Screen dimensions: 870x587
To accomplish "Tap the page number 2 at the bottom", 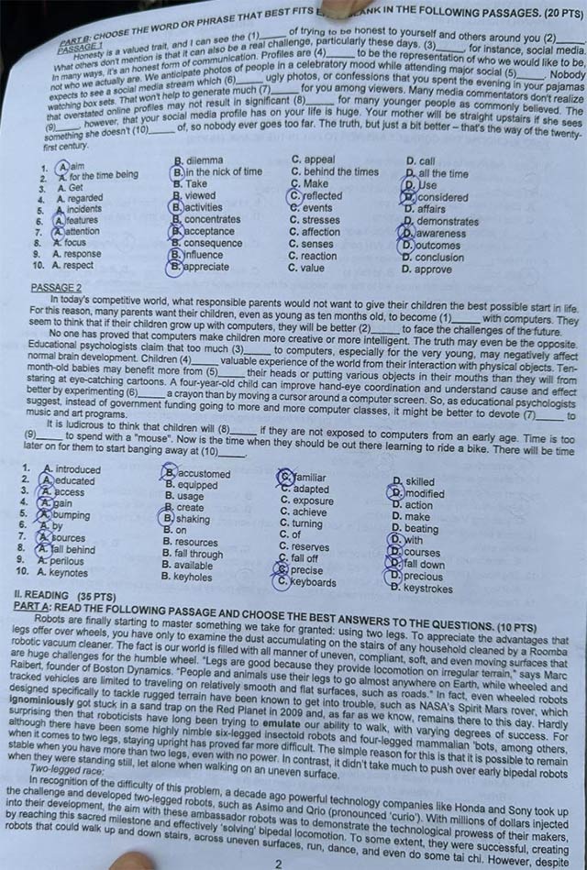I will [x=278, y=863].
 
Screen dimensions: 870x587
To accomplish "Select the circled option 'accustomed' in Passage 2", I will [x=203, y=474].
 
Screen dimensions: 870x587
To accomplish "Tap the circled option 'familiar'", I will [x=308, y=478].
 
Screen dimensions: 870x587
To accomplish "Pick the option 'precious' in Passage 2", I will [x=423, y=577].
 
